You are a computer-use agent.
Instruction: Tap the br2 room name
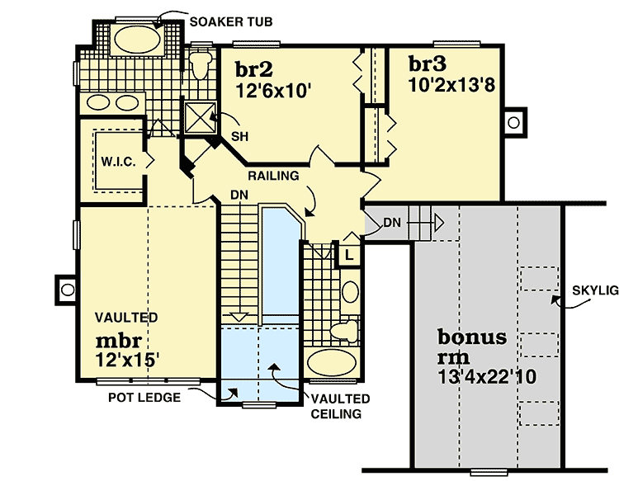(x=253, y=69)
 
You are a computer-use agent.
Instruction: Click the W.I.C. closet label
(x=119, y=160)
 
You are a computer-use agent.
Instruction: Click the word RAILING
(x=273, y=176)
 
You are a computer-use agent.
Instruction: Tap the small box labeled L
(x=349, y=254)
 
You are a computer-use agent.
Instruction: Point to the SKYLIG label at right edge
(x=594, y=290)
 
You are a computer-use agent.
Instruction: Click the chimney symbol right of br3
(x=513, y=123)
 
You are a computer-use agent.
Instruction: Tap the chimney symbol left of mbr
(x=64, y=289)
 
